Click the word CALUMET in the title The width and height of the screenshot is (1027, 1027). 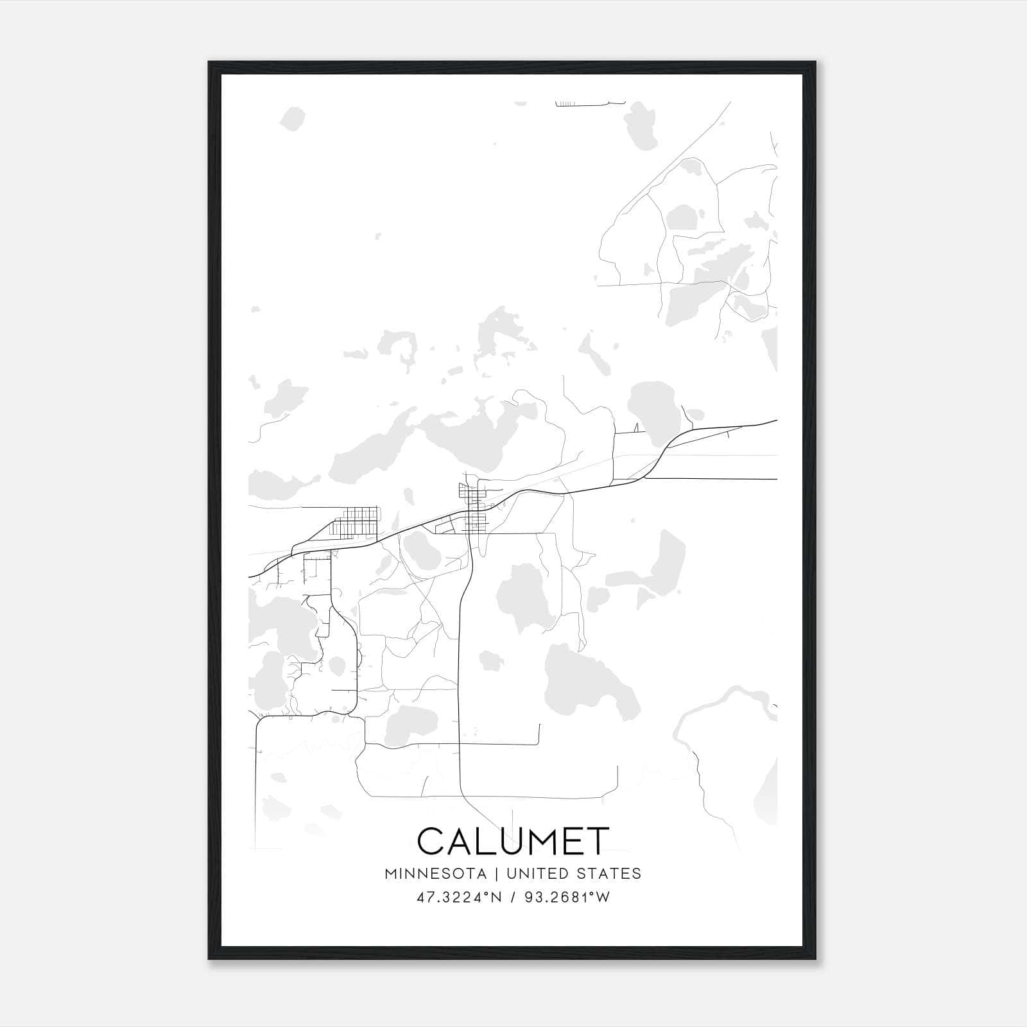[x=513, y=841]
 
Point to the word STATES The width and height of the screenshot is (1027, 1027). [x=610, y=874]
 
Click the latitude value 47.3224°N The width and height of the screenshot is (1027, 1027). [x=458, y=897]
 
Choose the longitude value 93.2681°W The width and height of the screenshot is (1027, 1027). [x=567, y=897]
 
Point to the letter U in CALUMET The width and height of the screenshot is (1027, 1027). [x=499, y=841]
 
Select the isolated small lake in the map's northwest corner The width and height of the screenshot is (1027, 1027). [x=293, y=119]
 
